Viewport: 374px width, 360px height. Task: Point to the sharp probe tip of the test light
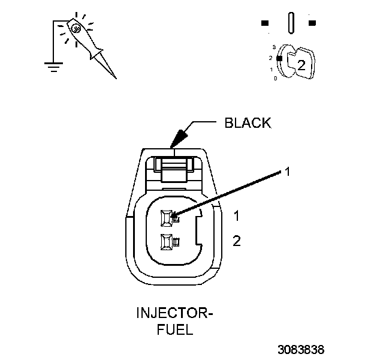[x=114, y=76]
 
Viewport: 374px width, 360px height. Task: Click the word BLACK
[x=248, y=124]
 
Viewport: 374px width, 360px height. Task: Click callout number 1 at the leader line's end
[x=287, y=172]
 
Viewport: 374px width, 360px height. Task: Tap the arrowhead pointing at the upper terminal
[x=175, y=213]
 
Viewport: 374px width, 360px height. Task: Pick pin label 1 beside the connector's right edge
[x=237, y=215]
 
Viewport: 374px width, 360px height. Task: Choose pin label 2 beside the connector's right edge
[x=237, y=241]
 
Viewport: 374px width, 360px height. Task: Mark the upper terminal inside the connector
[x=167, y=217]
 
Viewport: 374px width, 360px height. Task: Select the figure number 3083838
[x=301, y=348]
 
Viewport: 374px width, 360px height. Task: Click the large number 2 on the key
[x=301, y=66]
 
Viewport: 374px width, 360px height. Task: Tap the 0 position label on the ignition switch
[x=275, y=78]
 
